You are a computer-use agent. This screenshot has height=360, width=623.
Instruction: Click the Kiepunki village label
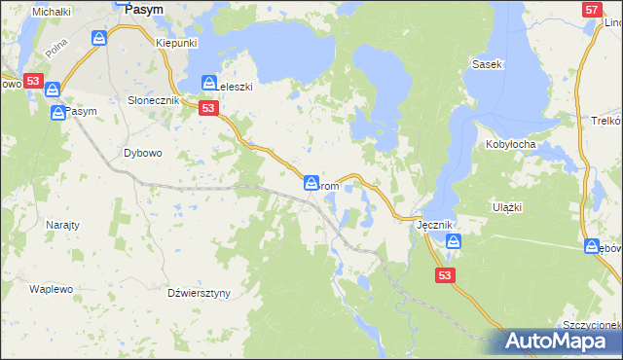point(177,44)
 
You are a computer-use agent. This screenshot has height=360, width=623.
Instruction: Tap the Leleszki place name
point(234,87)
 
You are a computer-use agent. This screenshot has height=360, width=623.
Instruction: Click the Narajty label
point(62,223)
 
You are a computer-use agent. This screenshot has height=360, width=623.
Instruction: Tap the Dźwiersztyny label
point(198,292)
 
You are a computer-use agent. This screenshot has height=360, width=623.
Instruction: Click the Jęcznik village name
point(434,225)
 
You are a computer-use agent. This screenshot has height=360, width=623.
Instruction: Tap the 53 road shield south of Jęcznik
point(445,276)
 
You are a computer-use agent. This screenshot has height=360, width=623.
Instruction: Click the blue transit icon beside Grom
point(311,182)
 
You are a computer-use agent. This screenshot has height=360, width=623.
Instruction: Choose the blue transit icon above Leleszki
point(208,83)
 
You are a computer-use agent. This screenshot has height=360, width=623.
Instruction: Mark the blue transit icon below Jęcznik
point(453,241)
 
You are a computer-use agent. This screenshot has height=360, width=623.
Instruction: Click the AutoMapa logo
point(558,341)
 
